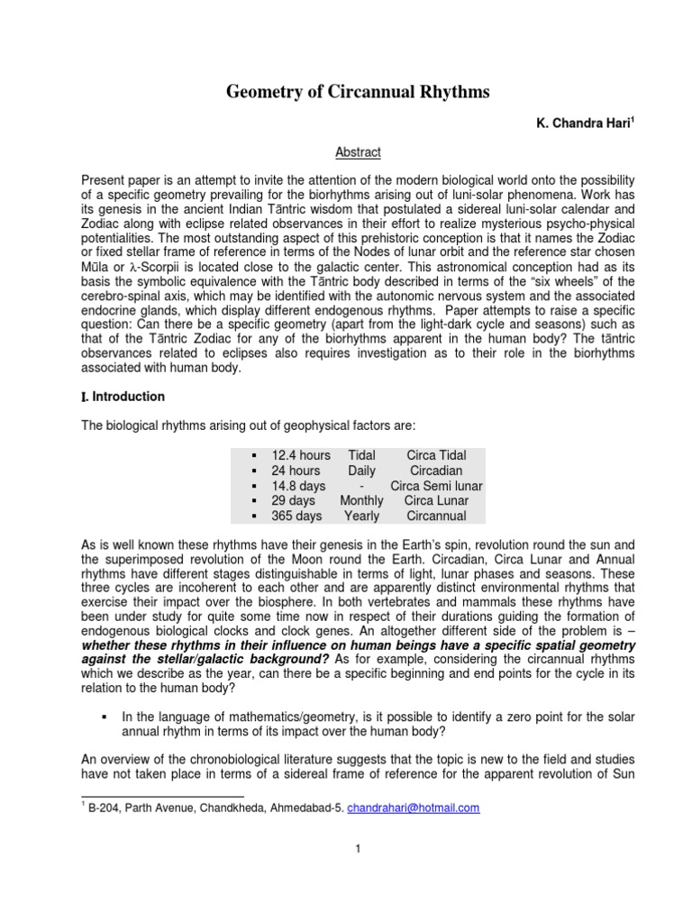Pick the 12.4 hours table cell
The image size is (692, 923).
(x=301, y=455)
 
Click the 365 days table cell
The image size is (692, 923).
(x=296, y=516)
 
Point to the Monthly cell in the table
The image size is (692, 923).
(x=361, y=501)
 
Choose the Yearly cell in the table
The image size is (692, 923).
(x=361, y=516)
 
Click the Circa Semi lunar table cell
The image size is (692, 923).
(x=436, y=486)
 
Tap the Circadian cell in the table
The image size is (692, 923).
(x=436, y=471)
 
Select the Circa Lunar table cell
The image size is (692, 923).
(x=436, y=501)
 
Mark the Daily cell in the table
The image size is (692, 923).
(x=361, y=471)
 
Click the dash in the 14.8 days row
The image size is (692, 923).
(x=361, y=486)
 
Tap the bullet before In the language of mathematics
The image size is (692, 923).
(x=105, y=717)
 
